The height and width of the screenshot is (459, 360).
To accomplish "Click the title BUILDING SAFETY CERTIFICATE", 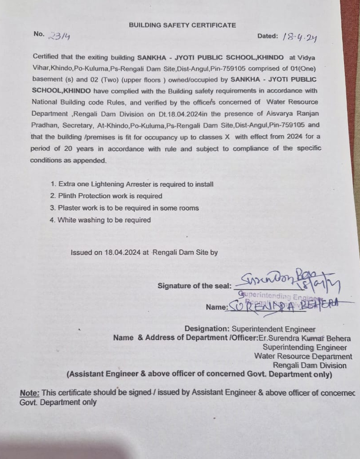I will click(182, 25).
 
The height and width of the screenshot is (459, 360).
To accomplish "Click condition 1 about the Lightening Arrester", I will click(132, 184).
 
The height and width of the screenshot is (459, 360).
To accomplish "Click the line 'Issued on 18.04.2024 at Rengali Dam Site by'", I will click(144, 252).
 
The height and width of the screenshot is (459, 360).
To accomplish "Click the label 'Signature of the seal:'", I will click(194, 286).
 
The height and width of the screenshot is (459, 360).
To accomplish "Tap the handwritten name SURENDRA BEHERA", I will click(286, 306).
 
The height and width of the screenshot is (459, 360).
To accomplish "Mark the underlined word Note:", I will click(29, 393).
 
